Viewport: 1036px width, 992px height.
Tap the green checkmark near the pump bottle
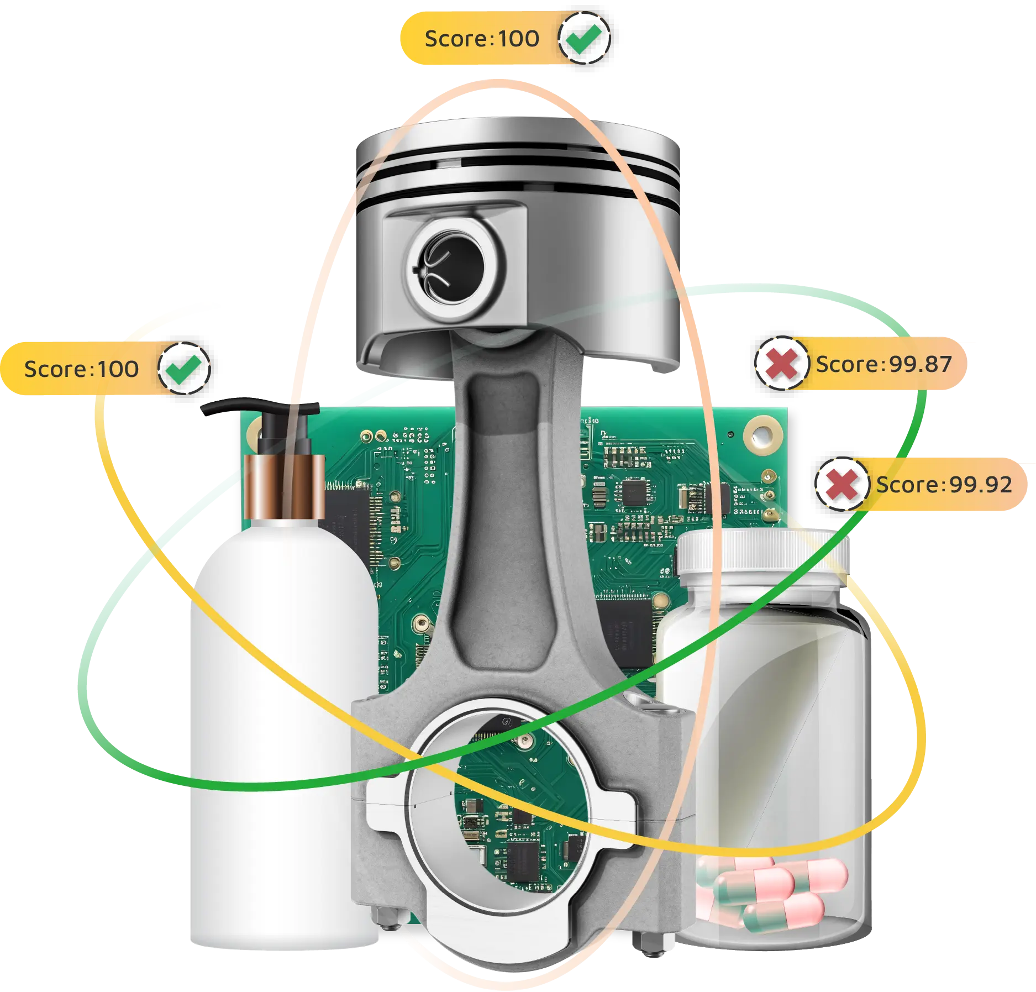coord(184,369)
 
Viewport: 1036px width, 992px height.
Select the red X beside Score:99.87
coord(781,364)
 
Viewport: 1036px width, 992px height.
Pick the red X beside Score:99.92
coord(842,485)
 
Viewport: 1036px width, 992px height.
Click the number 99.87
coord(921,365)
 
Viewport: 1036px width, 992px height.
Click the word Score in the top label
coord(456,39)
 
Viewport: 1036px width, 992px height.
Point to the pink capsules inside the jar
coord(774,890)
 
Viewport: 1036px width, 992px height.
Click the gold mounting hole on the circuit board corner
coord(763,436)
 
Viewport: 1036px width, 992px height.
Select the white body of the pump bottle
coord(282,718)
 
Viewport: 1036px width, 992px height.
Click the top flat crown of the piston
coord(517,133)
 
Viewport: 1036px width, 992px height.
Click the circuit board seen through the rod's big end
coord(514,807)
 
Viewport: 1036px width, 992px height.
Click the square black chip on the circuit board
coord(634,492)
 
